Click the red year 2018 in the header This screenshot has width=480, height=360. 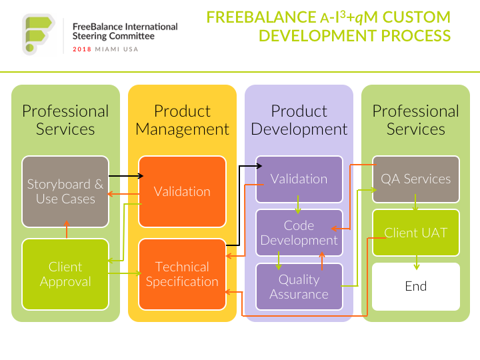click(x=82, y=49)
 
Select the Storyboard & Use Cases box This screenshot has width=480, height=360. click(x=65, y=191)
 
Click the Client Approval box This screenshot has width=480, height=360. click(x=65, y=274)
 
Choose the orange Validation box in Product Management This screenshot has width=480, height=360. click(x=182, y=191)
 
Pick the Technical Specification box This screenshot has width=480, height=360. click(x=182, y=274)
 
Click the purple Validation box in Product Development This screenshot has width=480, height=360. click(x=299, y=179)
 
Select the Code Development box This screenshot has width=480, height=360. click(x=299, y=233)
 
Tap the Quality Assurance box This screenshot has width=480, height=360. click(x=299, y=287)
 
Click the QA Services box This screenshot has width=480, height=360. click(x=416, y=179)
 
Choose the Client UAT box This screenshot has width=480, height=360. click(x=416, y=233)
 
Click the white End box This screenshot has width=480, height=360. click(x=416, y=287)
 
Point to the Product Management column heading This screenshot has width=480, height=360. click(x=182, y=120)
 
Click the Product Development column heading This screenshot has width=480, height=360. click(x=299, y=120)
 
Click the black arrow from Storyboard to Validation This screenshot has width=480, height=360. click(x=126, y=176)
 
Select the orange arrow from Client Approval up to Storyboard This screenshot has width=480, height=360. click(x=67, y=229)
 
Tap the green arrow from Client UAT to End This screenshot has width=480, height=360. click(x=416, y=263)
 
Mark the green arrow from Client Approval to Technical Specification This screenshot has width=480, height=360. click(x=125, y=273)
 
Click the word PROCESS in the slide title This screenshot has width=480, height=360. click(x=416, y=35)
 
